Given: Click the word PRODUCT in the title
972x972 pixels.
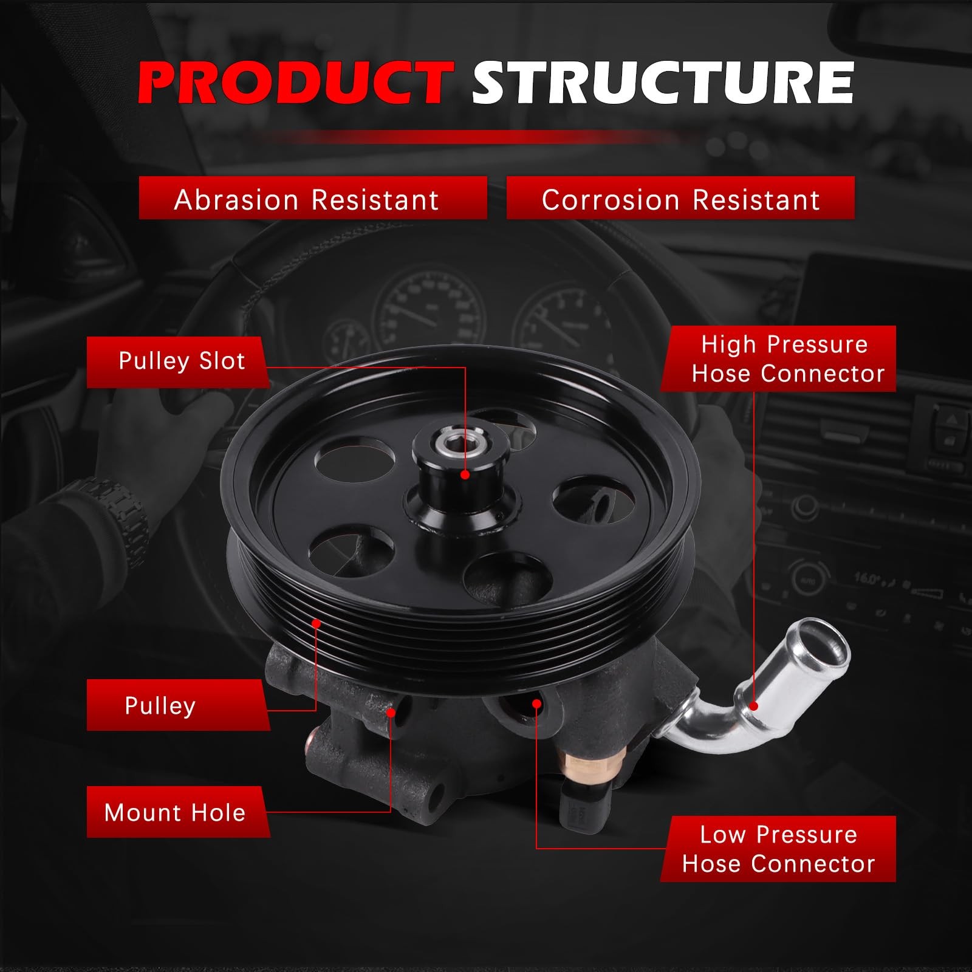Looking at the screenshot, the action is [x=296, y=83].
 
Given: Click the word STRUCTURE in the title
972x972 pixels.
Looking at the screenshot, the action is [x=663, y=83].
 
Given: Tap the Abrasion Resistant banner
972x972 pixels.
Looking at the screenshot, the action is [x=313, y=198].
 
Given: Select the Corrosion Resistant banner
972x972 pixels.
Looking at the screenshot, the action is [x=680, y=198].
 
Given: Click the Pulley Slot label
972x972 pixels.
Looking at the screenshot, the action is [x=179, y=362].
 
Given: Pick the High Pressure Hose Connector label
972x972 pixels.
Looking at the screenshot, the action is [x=779, y=358].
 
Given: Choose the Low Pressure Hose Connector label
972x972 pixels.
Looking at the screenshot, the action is [x=779, y=849].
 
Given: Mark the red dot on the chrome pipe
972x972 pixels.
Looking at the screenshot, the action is [x=754, y=706].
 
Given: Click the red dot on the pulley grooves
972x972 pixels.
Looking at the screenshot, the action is [x=316, y=623].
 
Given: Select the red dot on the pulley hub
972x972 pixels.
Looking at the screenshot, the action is [x=465, y=474].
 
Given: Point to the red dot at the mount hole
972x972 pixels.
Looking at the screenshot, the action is [x=391, y=712].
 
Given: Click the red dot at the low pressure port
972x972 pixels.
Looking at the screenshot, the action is [x=536, y=703].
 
